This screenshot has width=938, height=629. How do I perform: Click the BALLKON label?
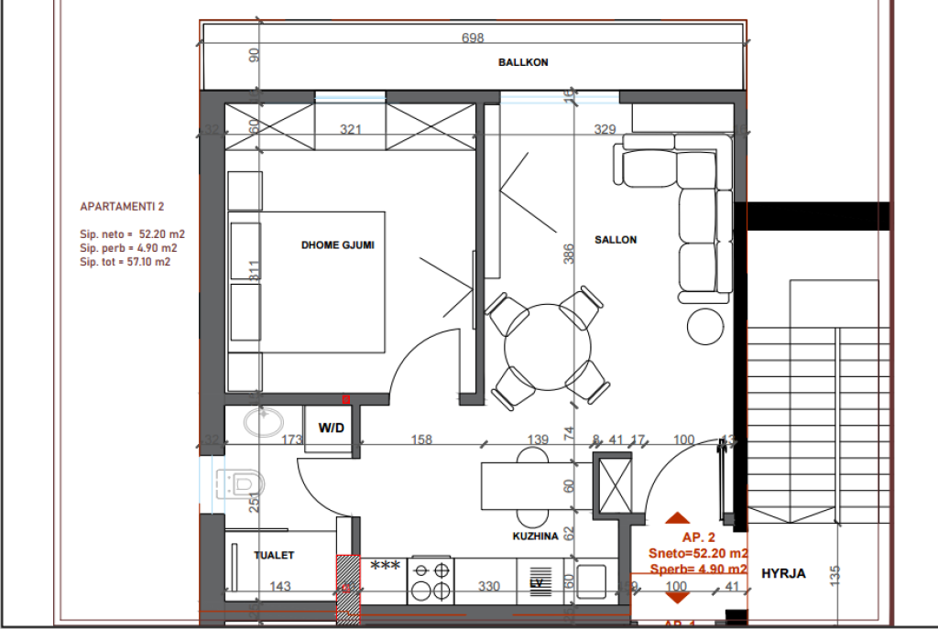(523, 62)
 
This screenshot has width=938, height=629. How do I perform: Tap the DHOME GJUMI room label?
(338, 244)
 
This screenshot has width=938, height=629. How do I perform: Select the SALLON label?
(615, 239)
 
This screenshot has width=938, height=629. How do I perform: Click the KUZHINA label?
(536, 537)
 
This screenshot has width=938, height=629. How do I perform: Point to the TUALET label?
(275, 555)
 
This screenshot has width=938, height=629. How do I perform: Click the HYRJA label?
(783, 573)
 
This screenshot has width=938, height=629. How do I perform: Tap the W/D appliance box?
(331, 428)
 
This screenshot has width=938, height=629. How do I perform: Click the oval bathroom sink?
(263, 422)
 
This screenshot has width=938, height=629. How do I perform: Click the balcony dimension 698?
(473, 38)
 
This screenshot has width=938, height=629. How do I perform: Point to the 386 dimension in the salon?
(568, 254)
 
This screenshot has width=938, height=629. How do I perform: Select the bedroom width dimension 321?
(350, 130)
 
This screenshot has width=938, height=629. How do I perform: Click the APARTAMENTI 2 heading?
(122, 208)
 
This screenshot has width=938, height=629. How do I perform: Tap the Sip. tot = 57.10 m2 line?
(125, 261)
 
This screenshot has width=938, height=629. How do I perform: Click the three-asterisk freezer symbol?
(385, 566)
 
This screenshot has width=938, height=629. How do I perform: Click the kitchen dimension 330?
(490, 586)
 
